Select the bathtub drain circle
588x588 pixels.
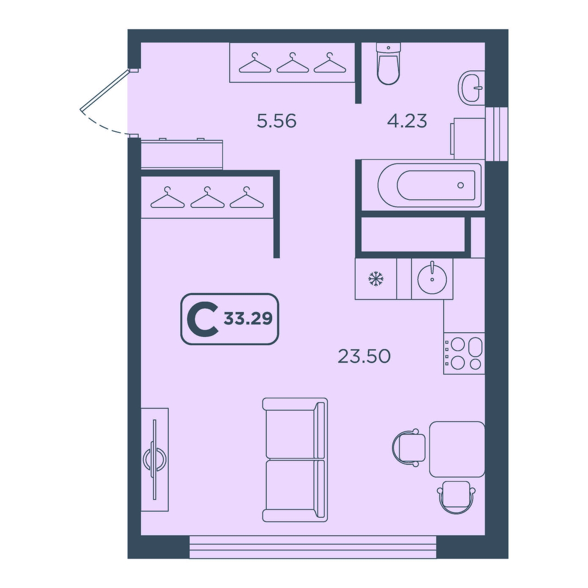pyautogui.click(x=461, y=185)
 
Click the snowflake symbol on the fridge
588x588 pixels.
pyautogui.click(x=375, y=279)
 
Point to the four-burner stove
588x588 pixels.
pyautogui.click(x=464, y=353)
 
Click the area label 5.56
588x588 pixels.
pyautogui.click(x=277, y=121)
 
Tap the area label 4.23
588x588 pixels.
pyautogui.click(x=407, y=121)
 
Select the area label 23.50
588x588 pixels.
pyautogui.click(x=364, y=356)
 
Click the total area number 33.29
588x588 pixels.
pyautogui.click(x=248, y=318)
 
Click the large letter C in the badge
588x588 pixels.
pyautogui.click(x=203, y=319)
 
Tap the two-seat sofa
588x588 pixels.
pyautogui.click(x=295, y=460)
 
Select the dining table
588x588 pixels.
pyautogui.click(x=457, y=449)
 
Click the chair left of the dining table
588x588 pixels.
pyautogui.click(x=409, y=448)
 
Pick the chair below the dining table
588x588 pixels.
pyautogui.click(x=456, y=497)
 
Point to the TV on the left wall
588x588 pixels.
pyautogui.click(x=155, y=460)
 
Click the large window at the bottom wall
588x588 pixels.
pyautogui.click(x=313, y=547)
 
